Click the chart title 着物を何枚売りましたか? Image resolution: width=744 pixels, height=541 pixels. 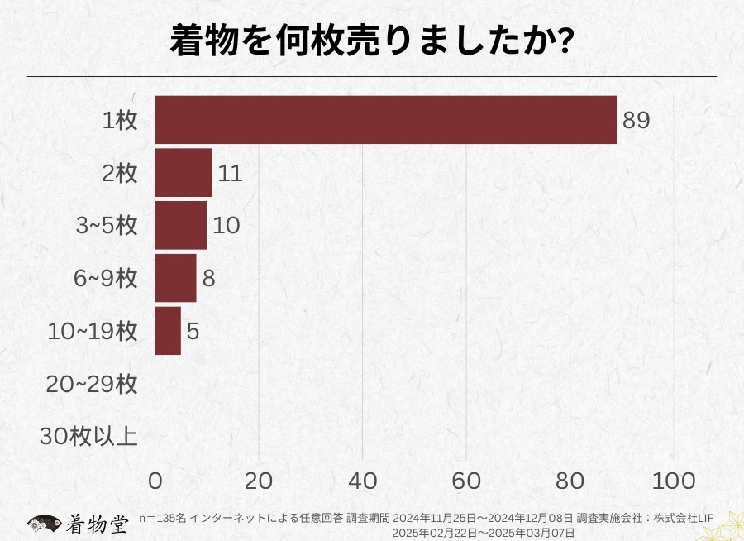tap(372, 41)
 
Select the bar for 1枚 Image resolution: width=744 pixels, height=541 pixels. tap(386, 120)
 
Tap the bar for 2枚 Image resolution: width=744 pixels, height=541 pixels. tap(184, 173)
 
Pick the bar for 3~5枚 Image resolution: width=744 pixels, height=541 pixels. tap(181, 225)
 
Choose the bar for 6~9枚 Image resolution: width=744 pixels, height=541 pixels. tap(176, 278)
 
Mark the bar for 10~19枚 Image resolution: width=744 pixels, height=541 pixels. tap(168, 331)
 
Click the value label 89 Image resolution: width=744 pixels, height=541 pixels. tap(637, 120)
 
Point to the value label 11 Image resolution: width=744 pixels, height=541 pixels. tap(231, 173)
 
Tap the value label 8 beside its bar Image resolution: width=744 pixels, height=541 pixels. tap(208, 278)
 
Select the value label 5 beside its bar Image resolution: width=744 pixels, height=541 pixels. tap(193, 331)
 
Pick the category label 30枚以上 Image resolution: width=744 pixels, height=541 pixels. tap(88, 436)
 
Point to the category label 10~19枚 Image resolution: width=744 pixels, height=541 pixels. tap(92, 331)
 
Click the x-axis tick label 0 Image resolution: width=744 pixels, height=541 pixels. tap(155, 481)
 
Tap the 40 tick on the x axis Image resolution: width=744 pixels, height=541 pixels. tap(363, 481)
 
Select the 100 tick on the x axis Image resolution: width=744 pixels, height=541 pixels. tap(675, 481)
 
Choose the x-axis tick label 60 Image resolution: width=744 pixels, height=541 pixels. tap(467, 481)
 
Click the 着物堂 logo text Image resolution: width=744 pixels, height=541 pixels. tap(97, 524)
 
